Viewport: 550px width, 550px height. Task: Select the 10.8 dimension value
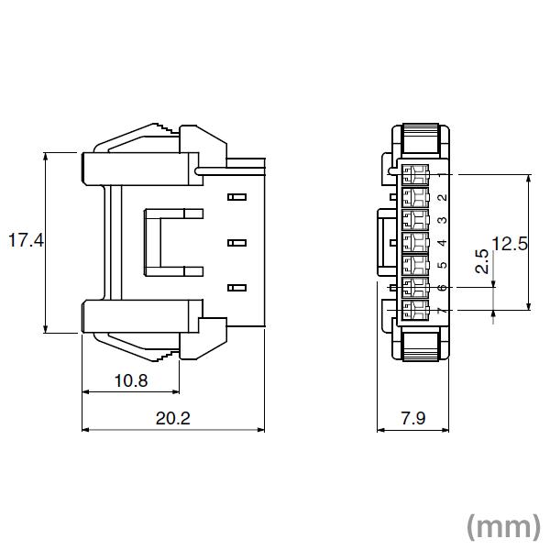[129, 379]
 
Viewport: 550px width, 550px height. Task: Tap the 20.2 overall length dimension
[173, 418]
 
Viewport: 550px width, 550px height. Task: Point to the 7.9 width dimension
[413, 418]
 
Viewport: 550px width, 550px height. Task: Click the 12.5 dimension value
[511, 243]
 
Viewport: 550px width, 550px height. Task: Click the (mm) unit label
[503, 526]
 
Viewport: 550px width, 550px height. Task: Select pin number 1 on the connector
[442, 174]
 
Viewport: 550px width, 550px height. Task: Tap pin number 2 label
[442, 197]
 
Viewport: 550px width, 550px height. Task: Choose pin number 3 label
[442, 220]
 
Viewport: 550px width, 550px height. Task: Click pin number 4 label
[442, 243]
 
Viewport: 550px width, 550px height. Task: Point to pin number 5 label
[442, 266]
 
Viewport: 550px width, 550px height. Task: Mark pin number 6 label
[442, 289]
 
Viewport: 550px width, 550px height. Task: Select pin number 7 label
[442, 312]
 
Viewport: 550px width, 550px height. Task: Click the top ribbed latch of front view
[423, 140]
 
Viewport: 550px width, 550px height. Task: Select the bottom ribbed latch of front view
[423, 346]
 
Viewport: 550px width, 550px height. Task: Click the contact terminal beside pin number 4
[418, 243]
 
